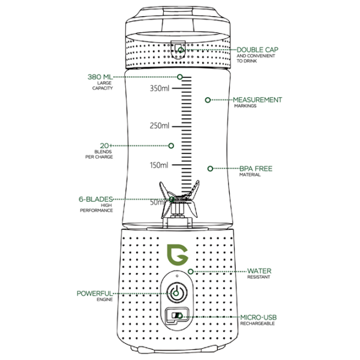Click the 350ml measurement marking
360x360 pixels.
160,89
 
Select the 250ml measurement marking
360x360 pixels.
160,127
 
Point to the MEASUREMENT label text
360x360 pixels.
257,100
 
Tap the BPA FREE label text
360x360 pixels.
256,169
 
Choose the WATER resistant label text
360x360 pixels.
259,271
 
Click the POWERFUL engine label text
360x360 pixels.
94,293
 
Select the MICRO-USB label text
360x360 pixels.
258,317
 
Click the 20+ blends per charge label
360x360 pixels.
104,145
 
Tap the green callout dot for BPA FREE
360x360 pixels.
210,169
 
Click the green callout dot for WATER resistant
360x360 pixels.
191,271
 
